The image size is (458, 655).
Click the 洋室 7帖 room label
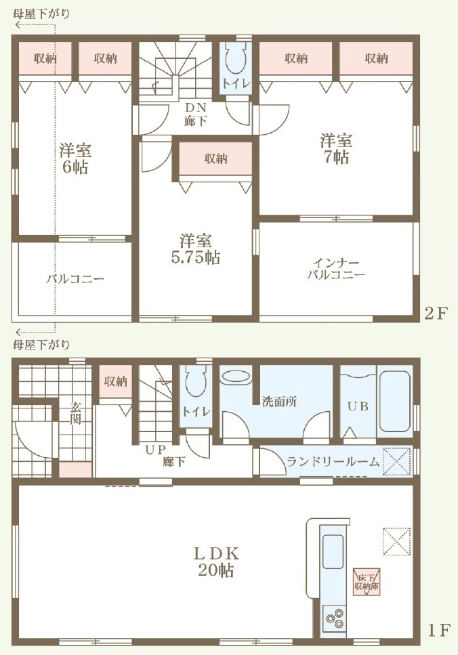336,148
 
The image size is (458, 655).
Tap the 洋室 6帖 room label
75,159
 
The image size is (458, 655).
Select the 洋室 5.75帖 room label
196,249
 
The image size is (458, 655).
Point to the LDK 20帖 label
216,562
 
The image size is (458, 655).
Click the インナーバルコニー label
337,269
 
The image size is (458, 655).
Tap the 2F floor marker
436,313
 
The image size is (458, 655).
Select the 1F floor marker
438,630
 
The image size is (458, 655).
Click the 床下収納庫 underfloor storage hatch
367,581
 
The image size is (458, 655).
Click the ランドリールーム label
333,461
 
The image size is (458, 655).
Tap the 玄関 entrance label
75,413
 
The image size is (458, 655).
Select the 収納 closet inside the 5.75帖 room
215,159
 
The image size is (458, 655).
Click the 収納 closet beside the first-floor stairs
116,381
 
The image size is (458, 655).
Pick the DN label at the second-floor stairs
196,107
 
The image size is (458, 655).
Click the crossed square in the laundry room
398,461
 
